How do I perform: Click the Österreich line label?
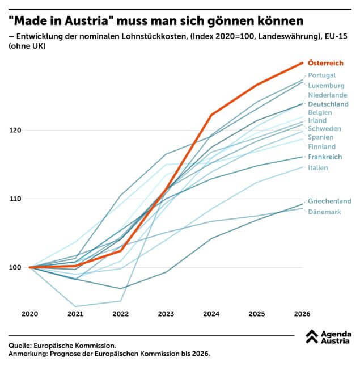click(325, 63)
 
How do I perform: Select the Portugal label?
click(321, 75)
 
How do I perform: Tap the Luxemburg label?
click(327, 86)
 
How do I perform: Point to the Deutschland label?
click(328, 105)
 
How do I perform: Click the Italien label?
click(318, 168)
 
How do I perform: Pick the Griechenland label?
click(329, 201)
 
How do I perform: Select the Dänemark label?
click(324, 212)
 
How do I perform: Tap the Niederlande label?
click(328, 95)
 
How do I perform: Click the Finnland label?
click(321, 147)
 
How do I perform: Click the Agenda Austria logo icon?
click(311, 337)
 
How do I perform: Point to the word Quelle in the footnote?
click(20, 345)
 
